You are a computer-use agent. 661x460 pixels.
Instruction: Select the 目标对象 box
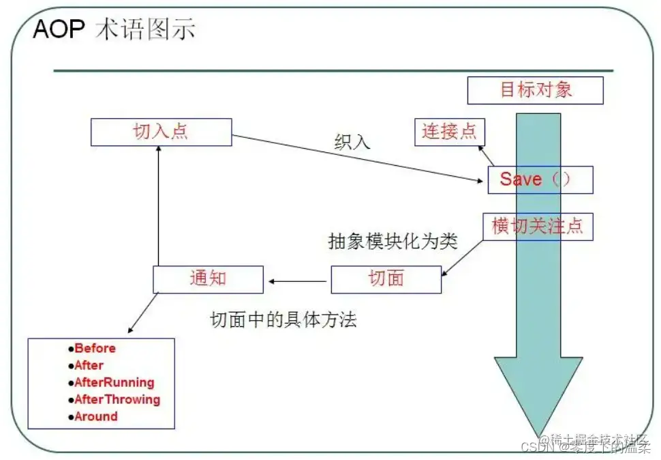(x=535, y=90)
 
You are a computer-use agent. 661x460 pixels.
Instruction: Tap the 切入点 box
(x=161, y=132)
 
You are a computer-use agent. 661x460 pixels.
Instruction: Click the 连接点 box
(x=449, y=131)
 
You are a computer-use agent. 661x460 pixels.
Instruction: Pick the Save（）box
(x=540, y=179)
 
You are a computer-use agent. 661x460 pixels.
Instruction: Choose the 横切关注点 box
(x=538, y=226)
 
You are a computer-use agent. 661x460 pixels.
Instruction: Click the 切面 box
(x=386, y=279)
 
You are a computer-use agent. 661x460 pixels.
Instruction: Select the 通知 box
(x=207, y=279)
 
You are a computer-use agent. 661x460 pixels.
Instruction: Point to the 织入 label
(x=352, y=142)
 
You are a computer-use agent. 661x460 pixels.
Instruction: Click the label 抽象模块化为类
(x=393, y=242)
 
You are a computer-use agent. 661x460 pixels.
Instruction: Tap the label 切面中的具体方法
(x=283, y=319)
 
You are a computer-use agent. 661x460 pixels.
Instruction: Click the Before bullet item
(x=95, y=348)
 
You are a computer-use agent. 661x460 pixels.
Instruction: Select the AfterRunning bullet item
(x=114, y=382)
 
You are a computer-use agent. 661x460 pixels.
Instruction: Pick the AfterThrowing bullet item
(x=117, y=399)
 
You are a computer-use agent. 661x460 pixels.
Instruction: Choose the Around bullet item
(x=95, y=416)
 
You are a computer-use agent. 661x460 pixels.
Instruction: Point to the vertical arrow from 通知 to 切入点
(x=158, y=205)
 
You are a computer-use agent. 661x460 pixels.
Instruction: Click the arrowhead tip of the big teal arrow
(x=538, y=435)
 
